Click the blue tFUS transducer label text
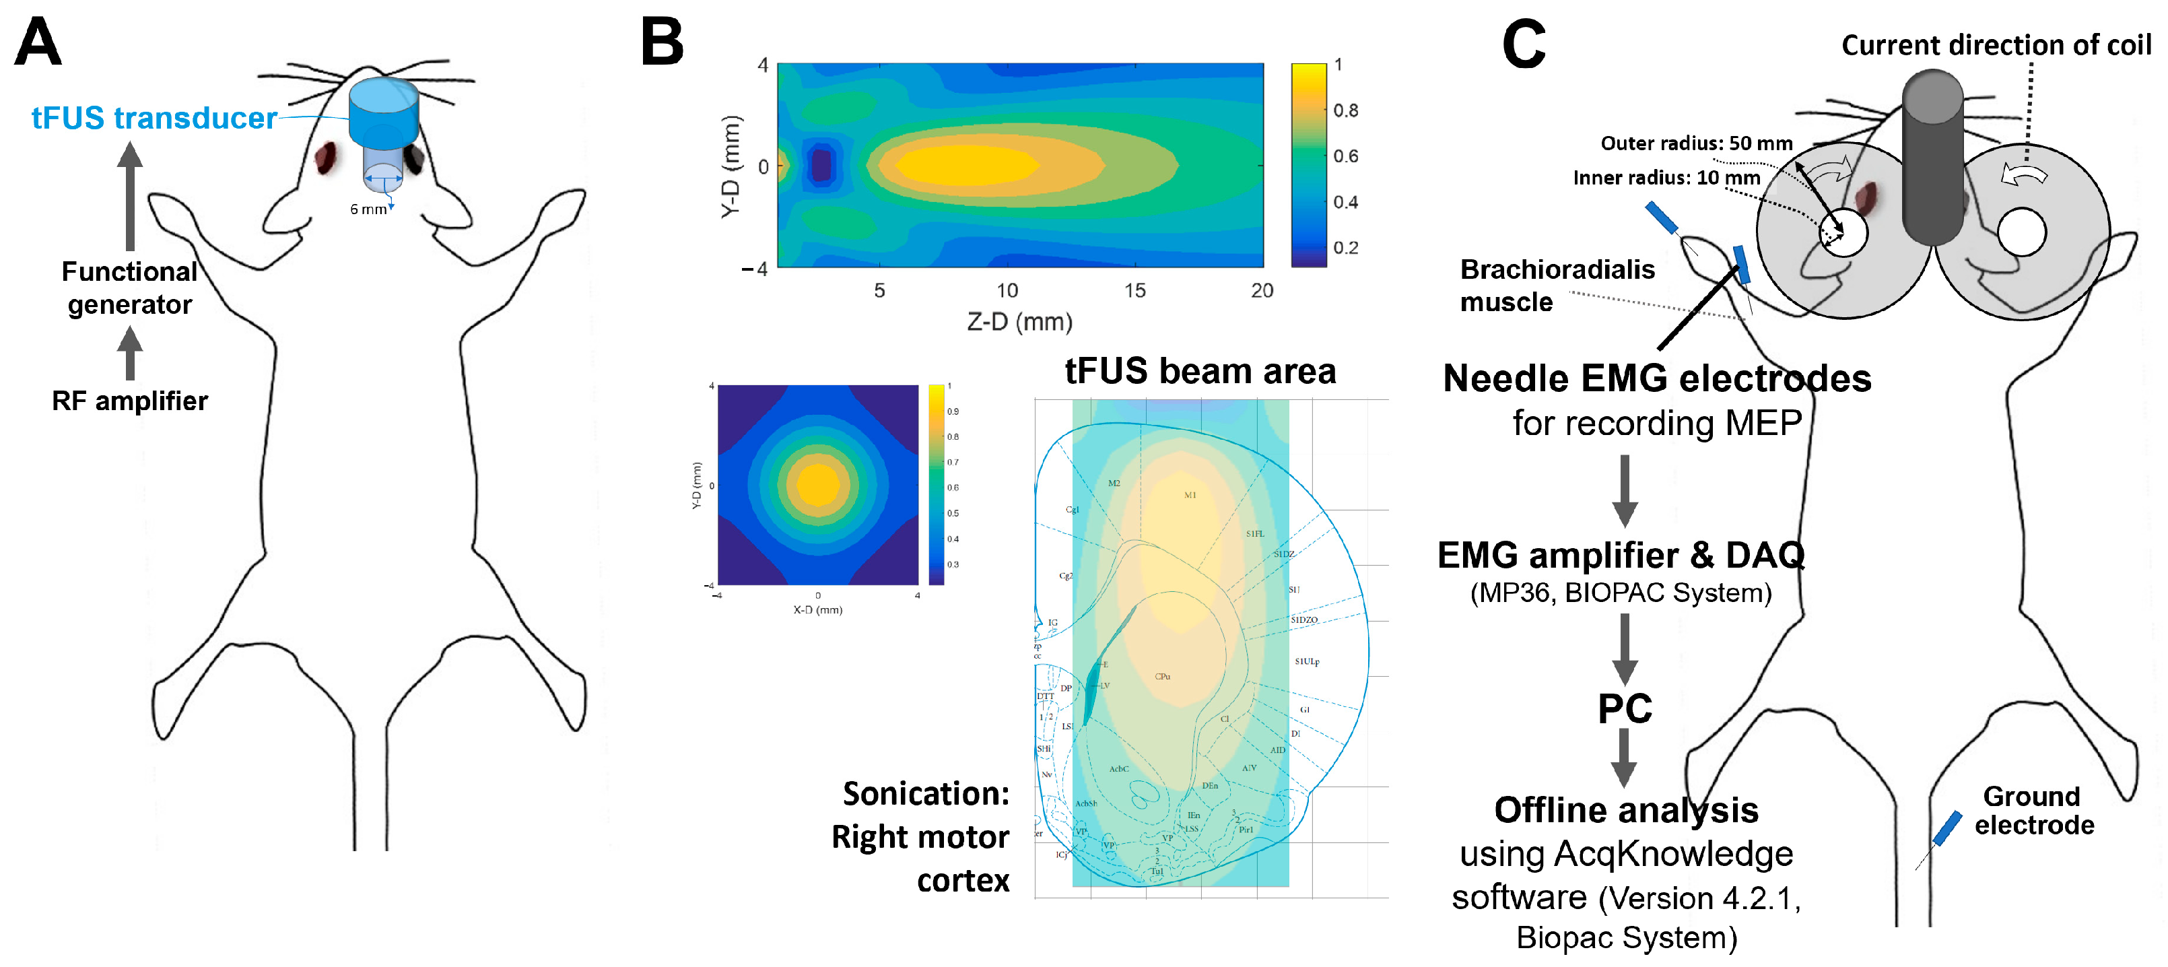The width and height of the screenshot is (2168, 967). click(154, 118)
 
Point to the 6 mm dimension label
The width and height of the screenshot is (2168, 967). click(368, 209)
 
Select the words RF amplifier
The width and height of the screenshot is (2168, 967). click(129, 401)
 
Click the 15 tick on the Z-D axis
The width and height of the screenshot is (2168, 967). click(1134, 290)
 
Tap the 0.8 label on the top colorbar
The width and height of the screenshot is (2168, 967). click(1345, 110)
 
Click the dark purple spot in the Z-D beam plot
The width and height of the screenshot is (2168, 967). click(821, 165)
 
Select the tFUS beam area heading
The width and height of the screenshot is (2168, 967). click(1199, 371)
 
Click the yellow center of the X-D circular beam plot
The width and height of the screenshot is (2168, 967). click(817, 485)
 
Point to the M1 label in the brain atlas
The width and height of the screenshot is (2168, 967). click(1189, 495)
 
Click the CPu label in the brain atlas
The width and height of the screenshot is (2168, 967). click(1162, 676)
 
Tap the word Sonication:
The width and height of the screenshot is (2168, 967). click(926, 794)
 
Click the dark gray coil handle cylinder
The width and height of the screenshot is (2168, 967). click(1932, 160)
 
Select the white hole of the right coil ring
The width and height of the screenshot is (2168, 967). click(2021, 232)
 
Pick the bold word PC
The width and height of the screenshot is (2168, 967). click(1624, 708)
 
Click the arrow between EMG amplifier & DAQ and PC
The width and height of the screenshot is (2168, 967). click(1624, 648)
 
